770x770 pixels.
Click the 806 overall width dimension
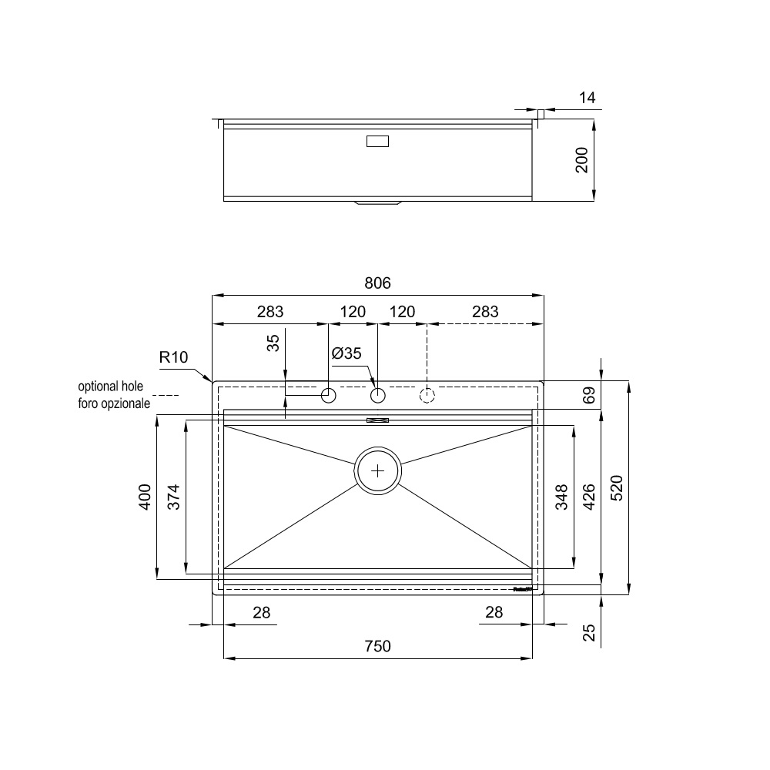pos(377,283)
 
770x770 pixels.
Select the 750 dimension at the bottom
pos(377,647)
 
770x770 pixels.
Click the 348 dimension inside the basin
pos(561,497)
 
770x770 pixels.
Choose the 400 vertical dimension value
pos(145,497)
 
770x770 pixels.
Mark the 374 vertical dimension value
pos(172,497)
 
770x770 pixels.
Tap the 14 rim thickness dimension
pos(587,98)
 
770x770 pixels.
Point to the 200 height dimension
pos(582,159)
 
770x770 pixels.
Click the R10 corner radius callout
pos(173,357)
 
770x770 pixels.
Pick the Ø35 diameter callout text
pos(346,354)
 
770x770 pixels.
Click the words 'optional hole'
pos(116,387)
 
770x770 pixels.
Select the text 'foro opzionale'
pos(114,403)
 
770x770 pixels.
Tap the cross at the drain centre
pos(377,470)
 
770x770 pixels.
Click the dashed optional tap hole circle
pos(427,396)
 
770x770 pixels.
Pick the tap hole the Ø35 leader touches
pos(377,396)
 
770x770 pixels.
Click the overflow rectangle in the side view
pos(377,141)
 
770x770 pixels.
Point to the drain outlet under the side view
pos(377,203)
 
